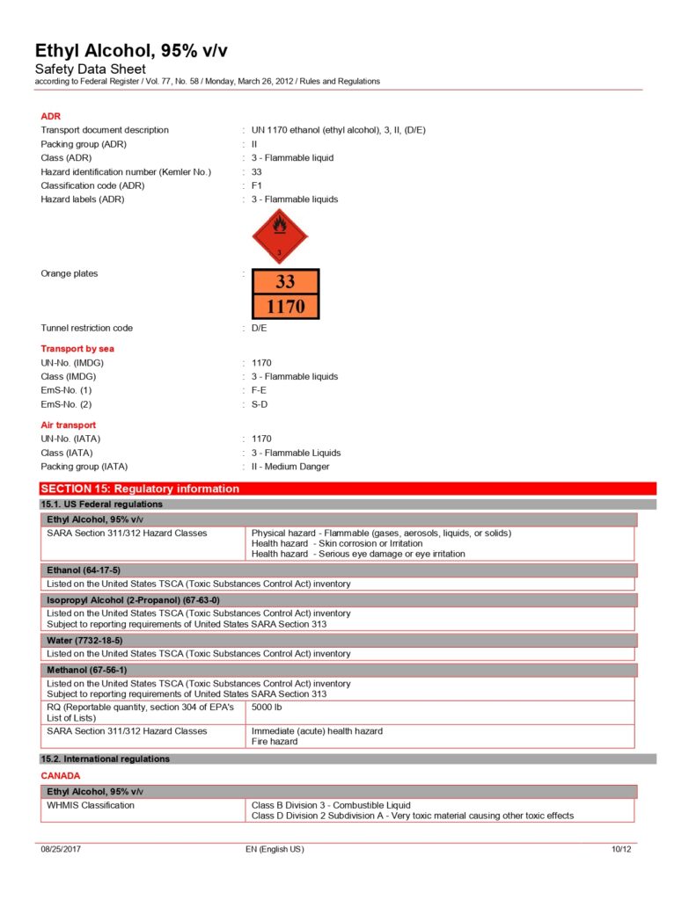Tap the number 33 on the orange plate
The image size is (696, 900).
pyautogui.click(x=285, y=282)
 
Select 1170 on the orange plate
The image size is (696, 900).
pyautogui.click(x=285, y=306)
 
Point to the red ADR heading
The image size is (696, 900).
pyautogui.click(x=50, y=116)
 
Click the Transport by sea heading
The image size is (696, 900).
pyautogui.click(x=77, y=348)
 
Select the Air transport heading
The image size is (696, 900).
pyautogui.click(x=69, y=425)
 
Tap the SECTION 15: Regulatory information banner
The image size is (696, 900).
pyautogui.click(x=141, y=489)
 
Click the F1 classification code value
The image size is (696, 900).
pyautogui.click(x=257, y=185)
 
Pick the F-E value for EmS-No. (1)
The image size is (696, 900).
pyautogui.click(x=259, y=390)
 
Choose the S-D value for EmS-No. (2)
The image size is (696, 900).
pyautogui.click(x=259, y=404)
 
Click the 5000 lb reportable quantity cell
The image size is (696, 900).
pyautogui.click(x=266, y=707)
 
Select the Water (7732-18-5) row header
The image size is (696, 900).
pyautogui.click(x=84, y=641)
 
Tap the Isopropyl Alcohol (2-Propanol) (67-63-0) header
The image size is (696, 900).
pyautogui.click(x=133, y=600)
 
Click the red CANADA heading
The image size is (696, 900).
pyautogui.click(x=61, y=776)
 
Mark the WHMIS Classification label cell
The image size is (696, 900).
pyautogui.click(x=91, y=805)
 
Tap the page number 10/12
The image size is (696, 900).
pyautogui.click(x=620, y=849)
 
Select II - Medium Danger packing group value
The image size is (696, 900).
pyautogui.click(x=290, y=467)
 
